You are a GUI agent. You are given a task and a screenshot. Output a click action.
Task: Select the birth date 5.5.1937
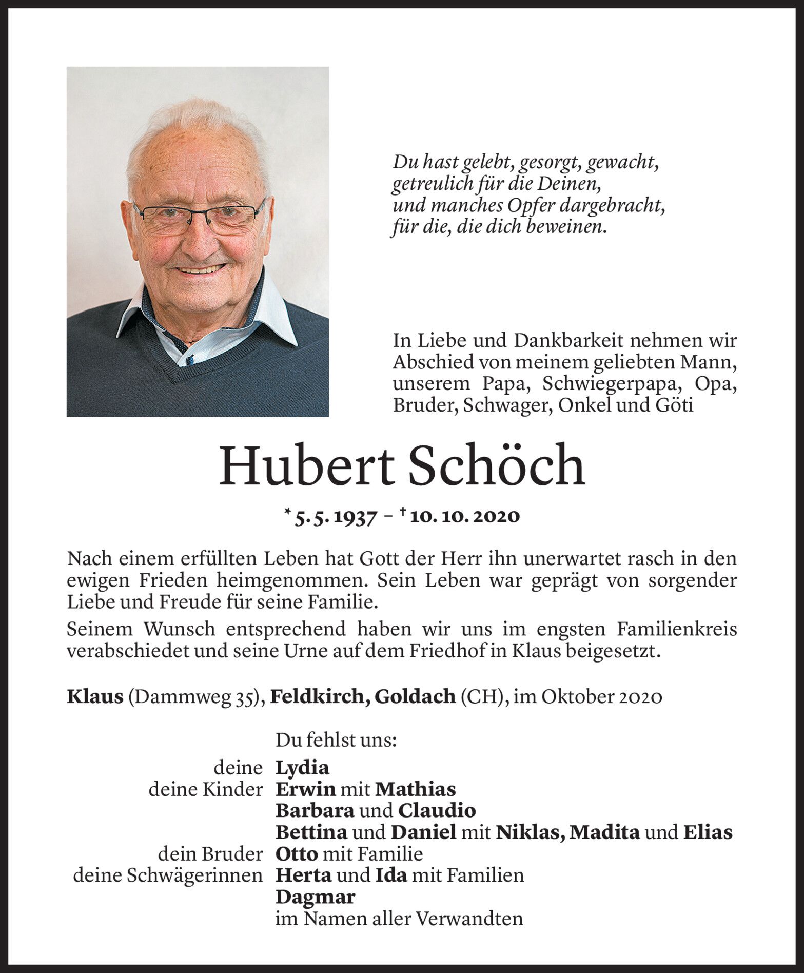334,517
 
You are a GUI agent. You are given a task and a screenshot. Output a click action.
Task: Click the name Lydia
302,768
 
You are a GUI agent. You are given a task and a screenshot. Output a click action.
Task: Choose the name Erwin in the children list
305,789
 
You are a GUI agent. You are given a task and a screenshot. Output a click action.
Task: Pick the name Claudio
437,811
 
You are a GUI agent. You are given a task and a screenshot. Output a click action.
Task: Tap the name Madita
605,832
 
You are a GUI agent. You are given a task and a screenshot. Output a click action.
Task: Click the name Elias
708,832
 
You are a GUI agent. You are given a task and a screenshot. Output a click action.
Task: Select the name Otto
297,854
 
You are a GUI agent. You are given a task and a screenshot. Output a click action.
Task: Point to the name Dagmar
315,897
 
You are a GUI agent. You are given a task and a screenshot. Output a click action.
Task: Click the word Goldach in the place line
415,696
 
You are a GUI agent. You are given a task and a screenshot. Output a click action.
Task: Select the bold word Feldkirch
318,696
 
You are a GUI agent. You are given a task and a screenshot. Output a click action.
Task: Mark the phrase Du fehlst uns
336,740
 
